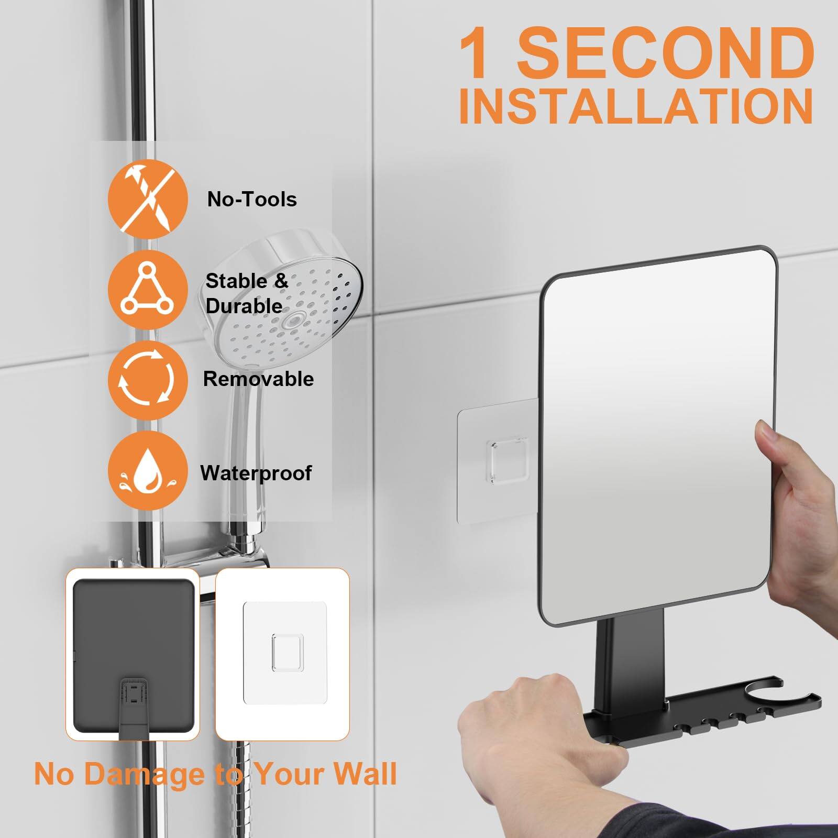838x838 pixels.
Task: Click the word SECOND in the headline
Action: [x=665, y=54]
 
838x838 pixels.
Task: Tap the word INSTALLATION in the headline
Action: [x=635, y=106]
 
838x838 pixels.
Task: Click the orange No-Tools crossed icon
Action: [x=148, y=200]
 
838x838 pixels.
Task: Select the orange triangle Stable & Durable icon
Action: [x=148, y=289]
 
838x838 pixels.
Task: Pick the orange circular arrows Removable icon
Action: [x=148, y=380]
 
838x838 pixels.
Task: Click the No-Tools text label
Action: [x=252, y=200]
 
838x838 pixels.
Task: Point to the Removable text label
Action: [x=258, y=379]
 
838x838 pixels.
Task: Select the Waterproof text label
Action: [x=256, y=473]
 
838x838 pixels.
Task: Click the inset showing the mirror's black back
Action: [x=133, y=655]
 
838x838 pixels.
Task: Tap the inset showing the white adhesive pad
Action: [x=283, y=655]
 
